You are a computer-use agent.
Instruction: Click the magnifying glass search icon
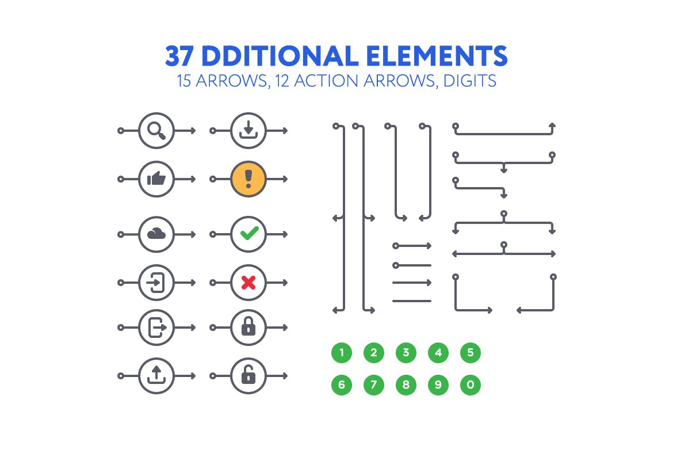[156, 131]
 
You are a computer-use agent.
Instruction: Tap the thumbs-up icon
[156, 179]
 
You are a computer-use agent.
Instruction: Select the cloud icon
[156, 234]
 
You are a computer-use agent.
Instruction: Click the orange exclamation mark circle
[248, 179]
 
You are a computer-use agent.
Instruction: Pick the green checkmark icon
[248, 234]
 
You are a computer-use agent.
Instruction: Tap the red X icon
[248, 283]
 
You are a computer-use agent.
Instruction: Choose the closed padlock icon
[248, 328]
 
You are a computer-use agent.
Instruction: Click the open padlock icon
[248, 376]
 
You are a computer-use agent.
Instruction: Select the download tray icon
[248, 131]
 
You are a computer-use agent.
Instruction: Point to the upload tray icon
[156, 376]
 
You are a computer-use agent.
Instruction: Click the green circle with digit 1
[342, 353]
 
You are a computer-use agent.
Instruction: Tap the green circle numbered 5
[471, 353]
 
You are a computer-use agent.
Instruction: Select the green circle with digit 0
[471, 385]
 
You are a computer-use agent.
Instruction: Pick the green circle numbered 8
[406, 385]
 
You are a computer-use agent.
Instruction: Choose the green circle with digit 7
[374, 385]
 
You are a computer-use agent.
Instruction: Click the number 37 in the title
[181, 56]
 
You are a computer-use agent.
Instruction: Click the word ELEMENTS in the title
[437, 56]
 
